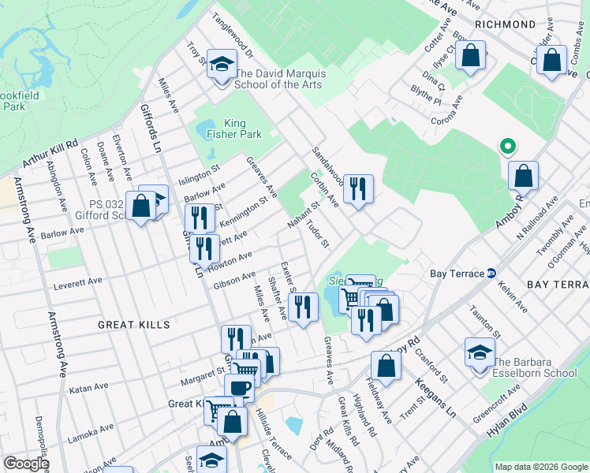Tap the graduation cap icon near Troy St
tap(222, 64)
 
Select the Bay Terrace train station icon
tap(491, 273)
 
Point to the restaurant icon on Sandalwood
tap(358, 188)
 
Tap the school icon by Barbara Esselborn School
tap(480, 352)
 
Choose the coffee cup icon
tap(239, 388)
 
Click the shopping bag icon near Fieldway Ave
tap(386, 366)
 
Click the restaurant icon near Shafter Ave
tap(303, 307)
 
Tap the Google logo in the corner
tap(26, 464)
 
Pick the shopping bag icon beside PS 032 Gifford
tap(140, 207)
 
